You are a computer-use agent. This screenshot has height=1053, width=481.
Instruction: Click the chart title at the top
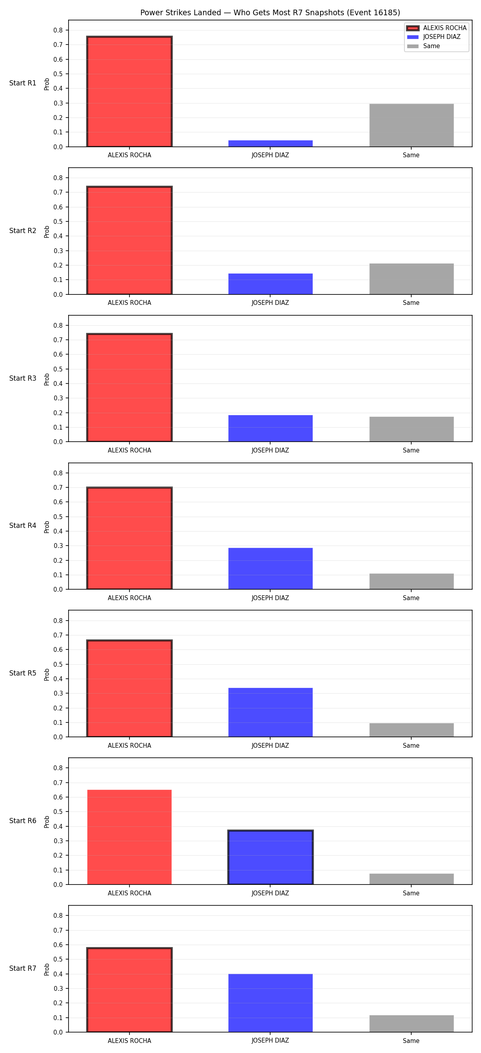point(270,13)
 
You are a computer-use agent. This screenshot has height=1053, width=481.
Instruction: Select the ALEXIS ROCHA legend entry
point(436,28)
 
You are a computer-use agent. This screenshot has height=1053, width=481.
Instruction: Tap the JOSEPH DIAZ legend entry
point(434,37)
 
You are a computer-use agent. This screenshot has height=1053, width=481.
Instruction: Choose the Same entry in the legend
point(423,46)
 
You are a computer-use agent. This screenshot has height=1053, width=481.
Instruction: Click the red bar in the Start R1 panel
point(129,91)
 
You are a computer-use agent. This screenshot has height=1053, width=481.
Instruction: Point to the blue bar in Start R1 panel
point(270,144)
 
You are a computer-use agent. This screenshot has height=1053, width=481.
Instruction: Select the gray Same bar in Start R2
point(411,279)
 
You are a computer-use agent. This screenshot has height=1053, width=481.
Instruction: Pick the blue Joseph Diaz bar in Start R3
point(270,428)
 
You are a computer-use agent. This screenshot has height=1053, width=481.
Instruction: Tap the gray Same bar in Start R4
point(411,581)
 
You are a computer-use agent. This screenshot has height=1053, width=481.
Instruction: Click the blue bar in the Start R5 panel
point(270,712)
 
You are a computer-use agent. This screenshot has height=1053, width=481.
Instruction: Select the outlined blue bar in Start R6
point(270,858)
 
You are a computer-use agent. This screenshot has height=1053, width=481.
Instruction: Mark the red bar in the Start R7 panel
point(129,990)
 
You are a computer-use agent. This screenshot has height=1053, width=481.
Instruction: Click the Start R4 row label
point(23,525)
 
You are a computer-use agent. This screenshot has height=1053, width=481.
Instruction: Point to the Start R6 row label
point(23,821)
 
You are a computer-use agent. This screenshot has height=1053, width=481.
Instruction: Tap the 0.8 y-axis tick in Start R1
point(59,30)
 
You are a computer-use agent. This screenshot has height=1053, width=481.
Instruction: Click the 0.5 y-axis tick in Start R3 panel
point(59,369)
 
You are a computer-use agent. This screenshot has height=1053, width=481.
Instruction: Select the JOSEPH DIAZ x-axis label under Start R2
point(270,303)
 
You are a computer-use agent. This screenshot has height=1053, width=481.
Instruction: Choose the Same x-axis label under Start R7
point(411,1041)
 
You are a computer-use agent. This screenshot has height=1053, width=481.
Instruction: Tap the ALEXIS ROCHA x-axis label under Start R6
point(129,893)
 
